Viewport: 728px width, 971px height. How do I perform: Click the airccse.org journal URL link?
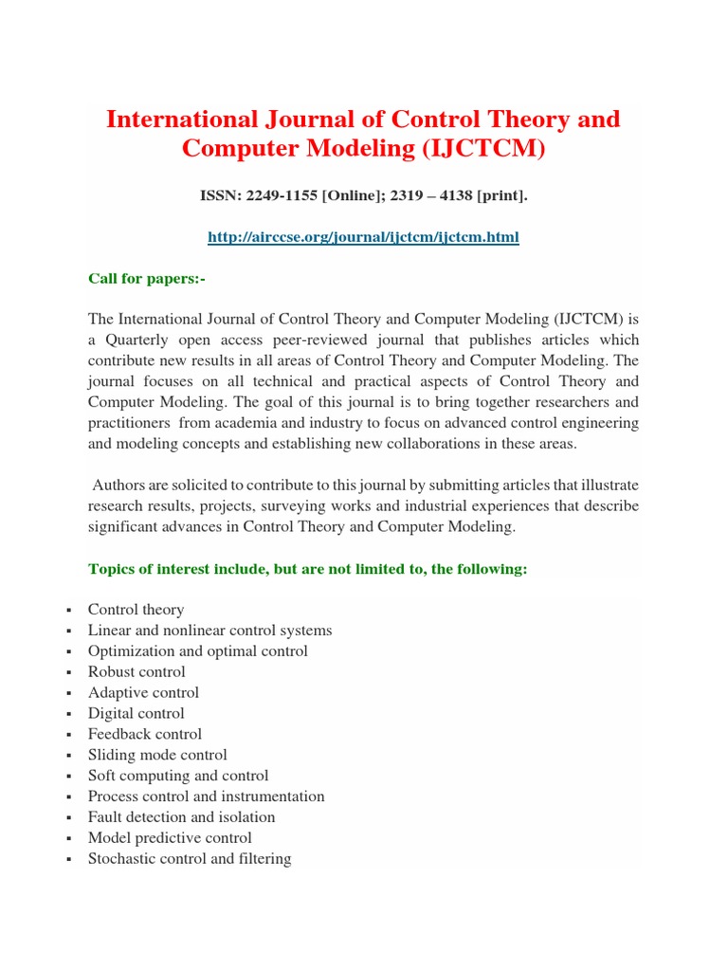coord(364,237)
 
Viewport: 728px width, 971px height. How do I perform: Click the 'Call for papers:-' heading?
coord(146,278)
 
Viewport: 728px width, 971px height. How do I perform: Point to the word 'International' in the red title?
coord(180,119)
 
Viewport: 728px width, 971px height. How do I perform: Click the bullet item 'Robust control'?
coord(136,672)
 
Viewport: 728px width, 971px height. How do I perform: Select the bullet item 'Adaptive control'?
coord(143,693)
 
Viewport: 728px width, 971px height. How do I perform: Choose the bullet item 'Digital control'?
coord(136,714)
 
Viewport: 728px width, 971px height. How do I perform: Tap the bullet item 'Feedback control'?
coord(144,734)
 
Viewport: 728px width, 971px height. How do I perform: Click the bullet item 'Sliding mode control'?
coord(157,755)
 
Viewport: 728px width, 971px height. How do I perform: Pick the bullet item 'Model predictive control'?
coord(170,838)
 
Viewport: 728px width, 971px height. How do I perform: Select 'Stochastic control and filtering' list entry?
coord(190,859)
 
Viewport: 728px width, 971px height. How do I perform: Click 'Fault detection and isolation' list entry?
coord(181,817)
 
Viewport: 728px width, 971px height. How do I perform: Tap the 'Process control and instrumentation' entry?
coord(206,797)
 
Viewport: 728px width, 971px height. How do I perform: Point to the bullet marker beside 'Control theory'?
coord(70,611)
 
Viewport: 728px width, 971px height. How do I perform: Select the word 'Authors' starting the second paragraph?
coord(118,485)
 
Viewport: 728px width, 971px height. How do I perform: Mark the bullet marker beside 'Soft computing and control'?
coord(70,777)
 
